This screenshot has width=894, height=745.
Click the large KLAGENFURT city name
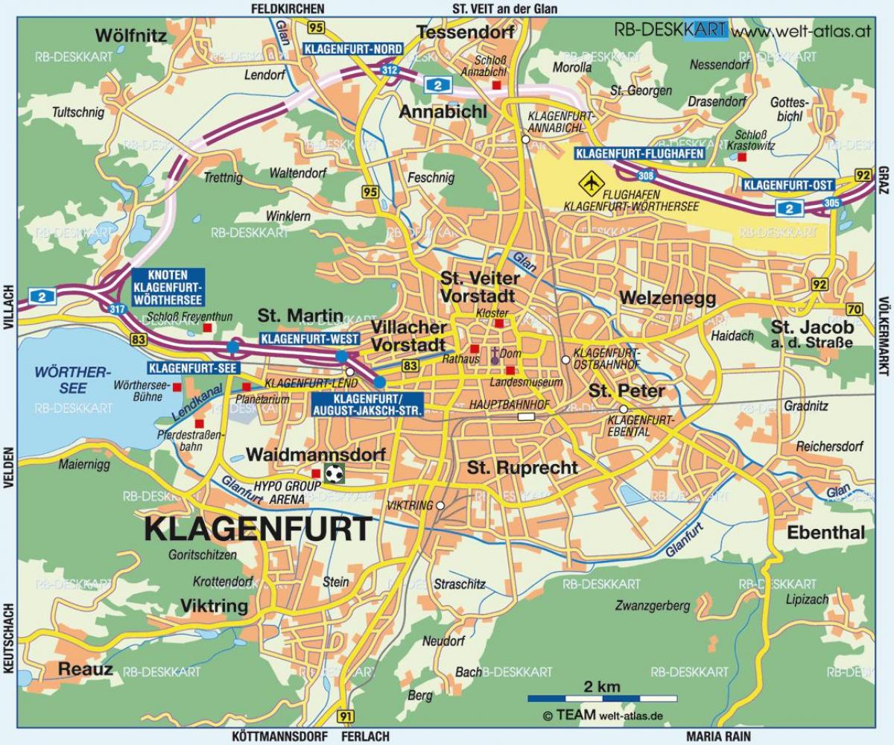point(257,529)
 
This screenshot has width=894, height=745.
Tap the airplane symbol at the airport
point(592,181)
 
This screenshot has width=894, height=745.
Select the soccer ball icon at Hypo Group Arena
point(335,472)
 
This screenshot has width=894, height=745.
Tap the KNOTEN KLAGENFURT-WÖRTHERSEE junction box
point(167,287)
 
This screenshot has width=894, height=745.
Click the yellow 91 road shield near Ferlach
point(345,716)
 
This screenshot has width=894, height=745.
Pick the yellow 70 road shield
point(854,309)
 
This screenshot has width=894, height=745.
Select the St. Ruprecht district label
point(522,468)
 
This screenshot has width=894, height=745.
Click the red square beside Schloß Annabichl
point(497,85)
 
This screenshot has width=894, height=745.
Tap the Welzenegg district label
point(667,299)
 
